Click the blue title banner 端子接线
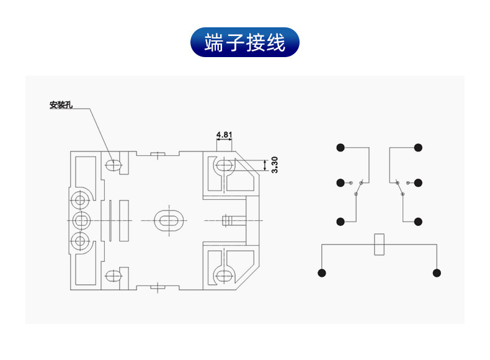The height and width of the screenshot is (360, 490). (x=245, y=43)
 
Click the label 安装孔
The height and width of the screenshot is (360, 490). (x=61, y=105)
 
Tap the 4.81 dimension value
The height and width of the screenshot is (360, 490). (x=224, y=134)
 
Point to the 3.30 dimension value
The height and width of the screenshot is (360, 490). (x=275, y=164)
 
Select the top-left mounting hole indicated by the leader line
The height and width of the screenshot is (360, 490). (x=114, y=165)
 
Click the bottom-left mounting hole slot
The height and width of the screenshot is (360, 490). (x=114, y=276)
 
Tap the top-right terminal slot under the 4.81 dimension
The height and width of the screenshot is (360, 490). (x=225, y=166)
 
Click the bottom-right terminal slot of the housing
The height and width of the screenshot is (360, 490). (x=225, y=276)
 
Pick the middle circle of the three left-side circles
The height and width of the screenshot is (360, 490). (x=79, y=220)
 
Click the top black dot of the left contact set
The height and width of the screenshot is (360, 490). (x=341, y=148)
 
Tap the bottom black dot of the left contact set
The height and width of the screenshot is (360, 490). (x=341, y=222)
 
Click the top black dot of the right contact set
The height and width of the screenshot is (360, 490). (x=419, y=148)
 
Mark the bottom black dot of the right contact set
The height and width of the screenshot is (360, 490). (x=419, y=222)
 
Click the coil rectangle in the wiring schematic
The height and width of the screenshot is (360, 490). (x=379, y=245)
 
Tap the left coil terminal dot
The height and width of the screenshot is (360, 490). (x=321, y=273)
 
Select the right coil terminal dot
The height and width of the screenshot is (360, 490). (x=437, y=273)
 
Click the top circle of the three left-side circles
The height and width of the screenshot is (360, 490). (x=79, y=200)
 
